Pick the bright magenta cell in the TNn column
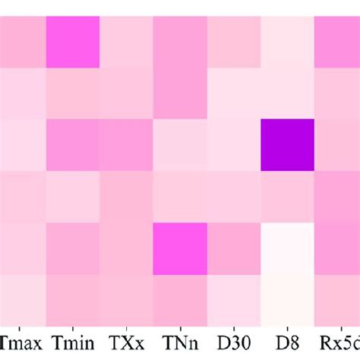coord(180,248)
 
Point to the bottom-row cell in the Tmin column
coord(74,299)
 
